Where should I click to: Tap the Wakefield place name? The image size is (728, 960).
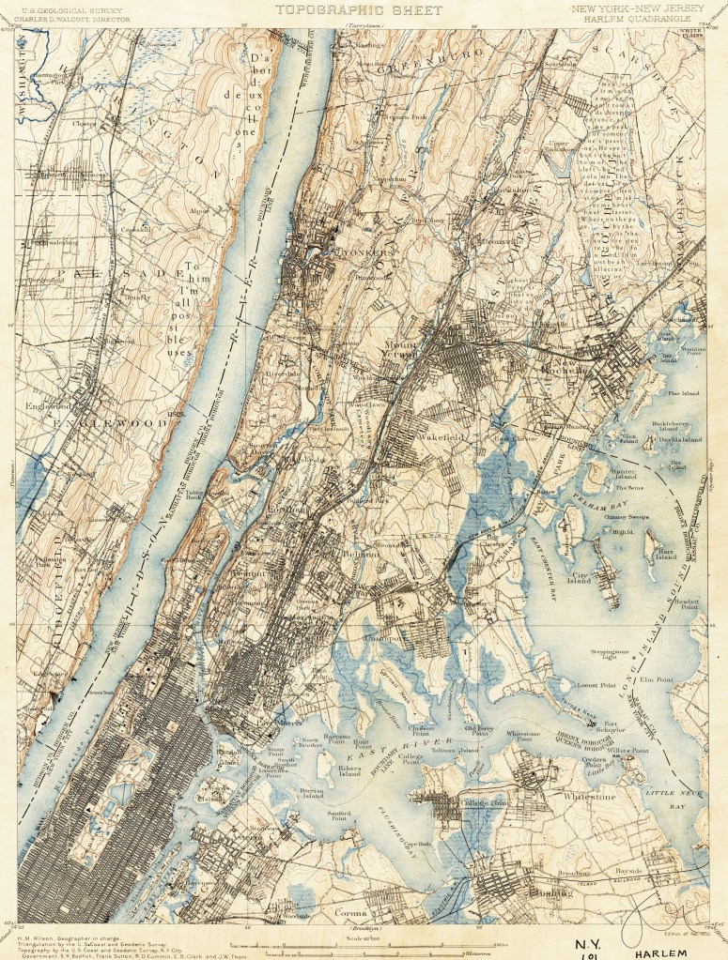[435, 437]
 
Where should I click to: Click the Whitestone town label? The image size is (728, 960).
[589, 797]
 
